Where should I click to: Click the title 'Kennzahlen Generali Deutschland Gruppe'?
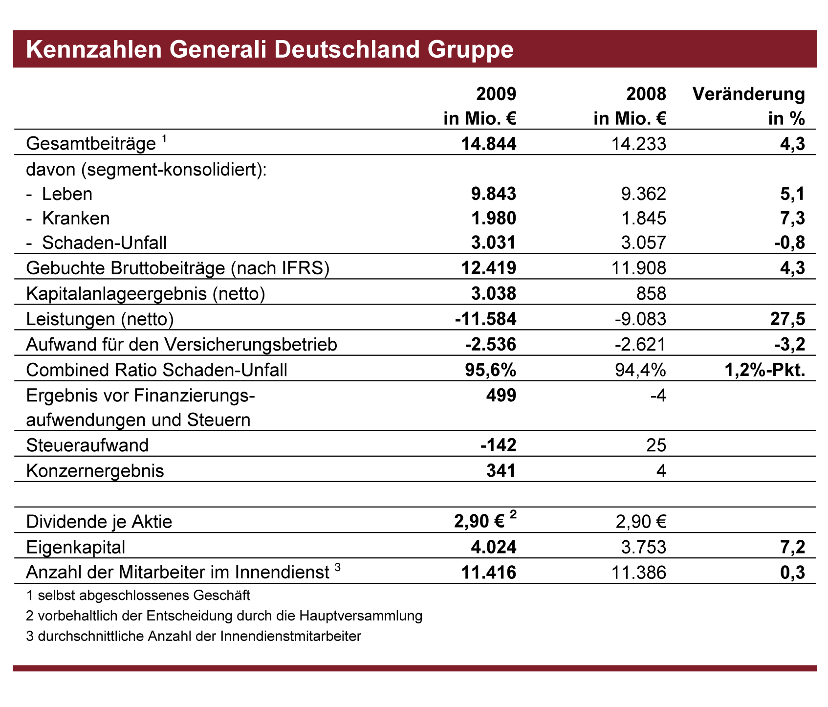point(270,50)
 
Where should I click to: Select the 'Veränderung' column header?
point(749,94)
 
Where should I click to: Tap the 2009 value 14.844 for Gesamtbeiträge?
point(488,144)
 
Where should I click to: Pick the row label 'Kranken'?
point(76,218)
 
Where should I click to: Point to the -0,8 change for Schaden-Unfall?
point(788,243)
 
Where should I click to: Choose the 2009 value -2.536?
point(490,345)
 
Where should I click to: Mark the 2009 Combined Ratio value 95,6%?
point(490,370)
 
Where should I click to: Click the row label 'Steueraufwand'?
point(87,445)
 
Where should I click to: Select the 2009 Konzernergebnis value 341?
point(501,471)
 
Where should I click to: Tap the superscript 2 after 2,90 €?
point(513,514)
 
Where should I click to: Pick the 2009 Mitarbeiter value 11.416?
point(489,573)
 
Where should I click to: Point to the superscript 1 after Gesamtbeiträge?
point(165,139)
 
